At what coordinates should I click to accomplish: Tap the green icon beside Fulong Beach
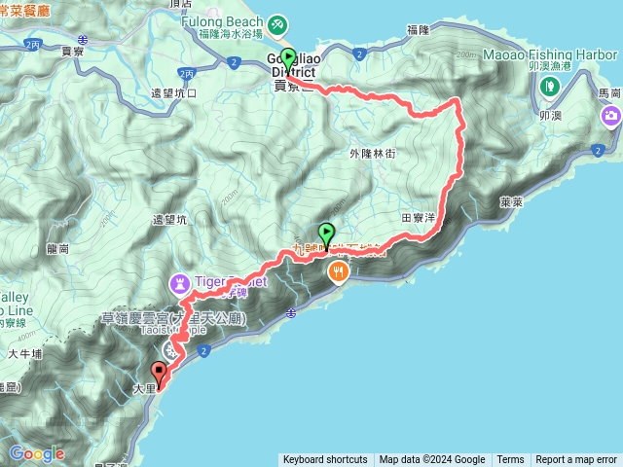[277, 21]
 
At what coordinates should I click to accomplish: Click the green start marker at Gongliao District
[288, 57]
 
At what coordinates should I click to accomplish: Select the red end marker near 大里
[159, 371]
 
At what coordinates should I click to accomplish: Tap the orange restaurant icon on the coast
[339, 272]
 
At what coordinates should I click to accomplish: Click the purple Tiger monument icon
[180, 284]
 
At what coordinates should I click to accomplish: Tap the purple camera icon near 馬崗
[610, 118]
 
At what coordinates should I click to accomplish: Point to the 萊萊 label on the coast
[511, 202]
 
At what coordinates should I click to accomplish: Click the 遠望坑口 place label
[174, 93]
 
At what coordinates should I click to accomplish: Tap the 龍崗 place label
[57, 248]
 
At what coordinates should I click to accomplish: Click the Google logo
[37, 453]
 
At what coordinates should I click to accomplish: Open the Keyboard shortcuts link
[325, 460]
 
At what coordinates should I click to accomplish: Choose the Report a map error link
[577, 460]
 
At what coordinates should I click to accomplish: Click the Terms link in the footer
[510, 460]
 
